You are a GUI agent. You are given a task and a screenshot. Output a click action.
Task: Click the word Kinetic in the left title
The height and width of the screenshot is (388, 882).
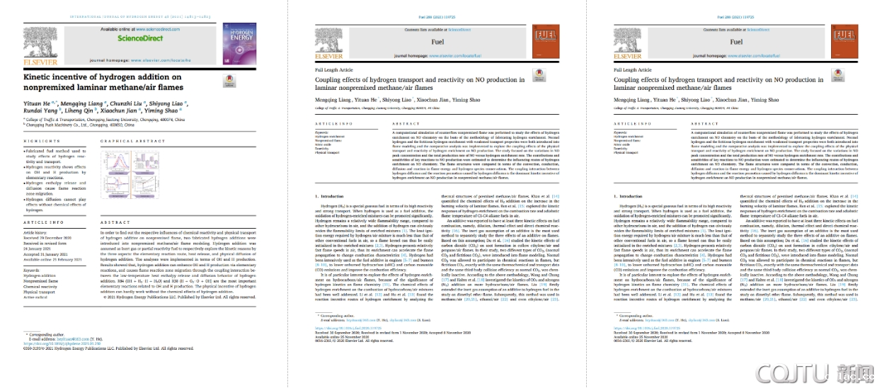click(42, 76)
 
